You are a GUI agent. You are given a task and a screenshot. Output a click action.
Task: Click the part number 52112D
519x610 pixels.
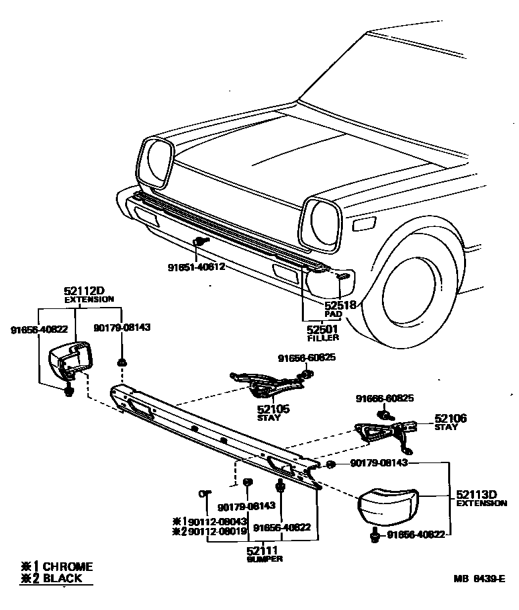click(85, 290)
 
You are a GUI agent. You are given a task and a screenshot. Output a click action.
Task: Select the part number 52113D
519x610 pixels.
click(477, 494)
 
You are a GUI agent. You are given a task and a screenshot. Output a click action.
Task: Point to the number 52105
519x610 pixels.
click(273, 410)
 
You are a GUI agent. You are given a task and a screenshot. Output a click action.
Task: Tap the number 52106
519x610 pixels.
click(451, 418)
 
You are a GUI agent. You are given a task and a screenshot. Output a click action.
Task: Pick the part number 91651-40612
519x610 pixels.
click(196, 267)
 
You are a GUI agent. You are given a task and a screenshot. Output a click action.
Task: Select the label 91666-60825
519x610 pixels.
click(385, 398)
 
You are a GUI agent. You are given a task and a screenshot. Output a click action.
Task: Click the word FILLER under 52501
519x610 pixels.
click(323, 338)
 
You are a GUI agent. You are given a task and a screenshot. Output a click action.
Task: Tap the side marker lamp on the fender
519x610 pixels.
click(364, 224)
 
